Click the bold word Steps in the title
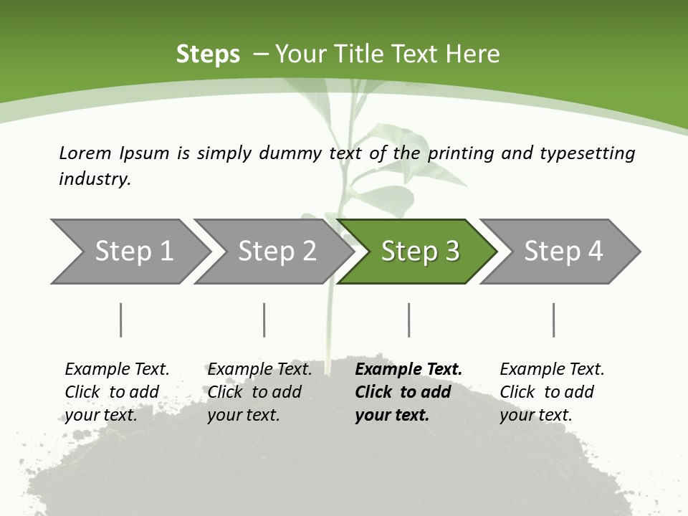tap(208, 54)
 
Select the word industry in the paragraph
tap(94, 178)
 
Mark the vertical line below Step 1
tap(120, 320)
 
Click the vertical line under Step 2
tap(264, 320)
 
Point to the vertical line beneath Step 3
tap(409, 320)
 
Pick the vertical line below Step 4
tap(554, 320)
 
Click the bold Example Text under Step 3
tap(408, 370)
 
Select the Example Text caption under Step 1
tap(117, 370)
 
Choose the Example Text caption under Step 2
tap(259, 370)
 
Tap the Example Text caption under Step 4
tap(552, 370)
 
